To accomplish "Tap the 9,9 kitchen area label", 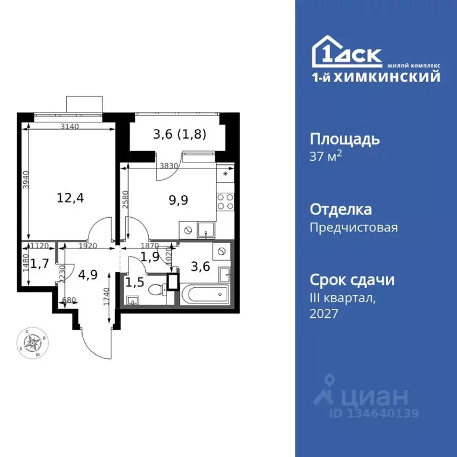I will tap(179, 200).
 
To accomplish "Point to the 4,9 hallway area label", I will tap(87, 275).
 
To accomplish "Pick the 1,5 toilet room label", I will tap(134, 281).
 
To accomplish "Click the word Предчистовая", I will tap(353, 227).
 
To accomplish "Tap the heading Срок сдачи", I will tap(352, 280).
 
